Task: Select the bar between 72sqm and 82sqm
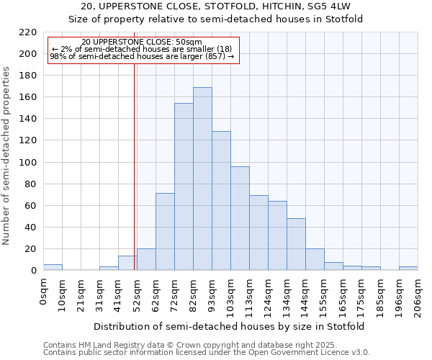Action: click(184, 187)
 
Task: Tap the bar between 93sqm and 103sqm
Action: click(221, 201)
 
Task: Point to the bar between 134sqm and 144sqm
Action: click(296, 244)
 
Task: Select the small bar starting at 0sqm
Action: click(53, 267)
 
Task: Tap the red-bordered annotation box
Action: click(143, 50)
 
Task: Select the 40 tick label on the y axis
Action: click(31, 228)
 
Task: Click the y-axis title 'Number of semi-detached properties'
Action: click(7, 156)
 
